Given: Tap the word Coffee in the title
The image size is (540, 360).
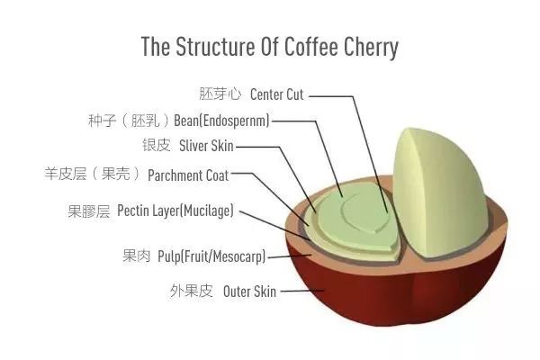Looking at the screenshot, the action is coord(311,46).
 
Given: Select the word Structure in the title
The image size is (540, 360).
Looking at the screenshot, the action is coord(215,46).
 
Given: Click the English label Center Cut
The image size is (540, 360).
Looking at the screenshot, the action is coord(277,94).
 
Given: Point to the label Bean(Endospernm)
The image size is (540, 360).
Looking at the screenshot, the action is coord(221,121).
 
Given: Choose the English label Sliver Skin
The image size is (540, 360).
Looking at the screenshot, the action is coord(206,146).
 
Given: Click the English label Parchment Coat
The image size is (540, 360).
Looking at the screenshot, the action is coord(188,175).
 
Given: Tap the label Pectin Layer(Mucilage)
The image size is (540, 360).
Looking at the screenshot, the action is coord(175,211).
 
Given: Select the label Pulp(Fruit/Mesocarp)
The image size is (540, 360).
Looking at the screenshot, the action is coord(211,256).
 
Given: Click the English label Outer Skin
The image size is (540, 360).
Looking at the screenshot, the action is coord(249,292).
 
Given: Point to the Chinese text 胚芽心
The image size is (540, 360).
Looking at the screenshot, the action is coord(220,94).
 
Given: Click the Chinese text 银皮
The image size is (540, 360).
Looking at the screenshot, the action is coord(157,145).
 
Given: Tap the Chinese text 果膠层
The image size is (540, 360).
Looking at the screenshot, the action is coord(89,211).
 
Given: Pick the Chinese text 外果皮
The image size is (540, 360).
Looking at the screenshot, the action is coord(191,291).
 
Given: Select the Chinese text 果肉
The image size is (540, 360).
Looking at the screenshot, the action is coord(137,256).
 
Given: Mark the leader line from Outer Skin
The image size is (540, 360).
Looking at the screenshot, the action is coord(302,291).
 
